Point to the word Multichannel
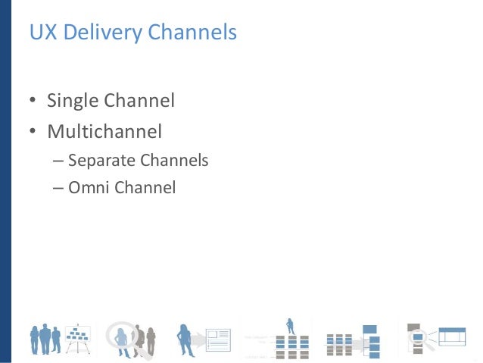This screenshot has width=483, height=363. click(x=104, y=132)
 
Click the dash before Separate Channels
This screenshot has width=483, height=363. click(x=58, y=161)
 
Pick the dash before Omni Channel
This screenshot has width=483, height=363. click(x=58, y=187)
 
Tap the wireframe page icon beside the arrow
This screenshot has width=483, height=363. click(x=218, y=338)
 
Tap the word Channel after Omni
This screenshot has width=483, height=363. click(x=145, y=186)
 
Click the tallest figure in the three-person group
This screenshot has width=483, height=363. click(x=45, y=336)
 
